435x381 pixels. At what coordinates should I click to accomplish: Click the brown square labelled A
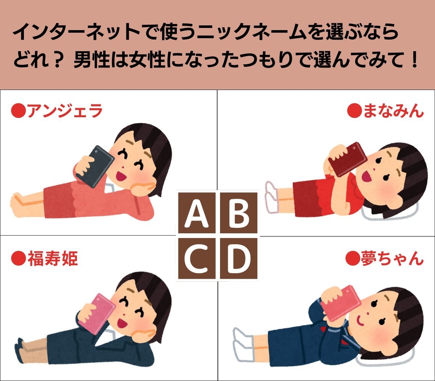[197, 213]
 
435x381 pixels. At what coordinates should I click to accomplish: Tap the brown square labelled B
[239, 213]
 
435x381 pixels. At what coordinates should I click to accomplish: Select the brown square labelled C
[197, 258]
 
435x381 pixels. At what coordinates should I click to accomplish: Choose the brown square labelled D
[239, 258]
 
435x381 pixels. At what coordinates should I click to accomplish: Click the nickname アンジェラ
[65, 111]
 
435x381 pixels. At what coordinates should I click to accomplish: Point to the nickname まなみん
[393, 111]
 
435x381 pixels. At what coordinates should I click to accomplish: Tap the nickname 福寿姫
[53, 258]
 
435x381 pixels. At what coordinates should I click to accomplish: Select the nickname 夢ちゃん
[392, 258]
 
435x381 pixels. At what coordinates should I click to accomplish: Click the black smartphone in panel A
[95, 167]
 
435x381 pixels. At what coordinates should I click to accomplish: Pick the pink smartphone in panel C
[97, 314]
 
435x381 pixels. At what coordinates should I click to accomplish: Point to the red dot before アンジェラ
[18, 111]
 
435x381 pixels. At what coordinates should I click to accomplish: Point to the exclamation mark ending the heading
[414, 60]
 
